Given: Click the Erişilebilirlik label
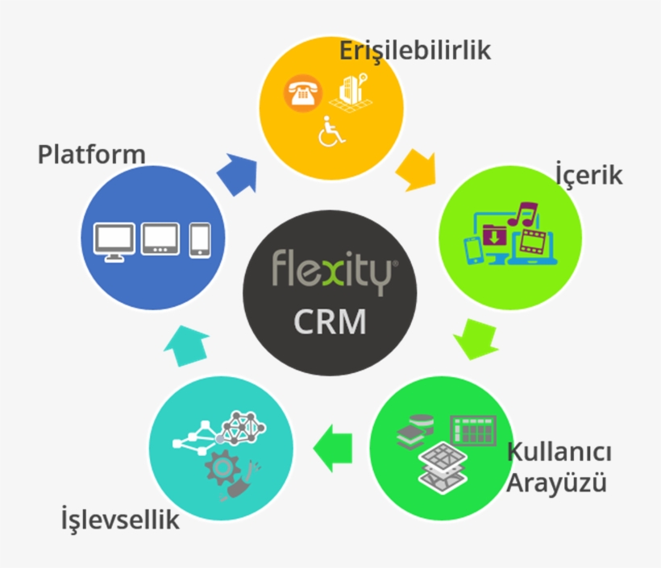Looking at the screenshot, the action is [x=415, y=52].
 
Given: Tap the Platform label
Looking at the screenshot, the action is [x=91, y=154].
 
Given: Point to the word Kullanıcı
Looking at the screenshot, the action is [x=559, y=452].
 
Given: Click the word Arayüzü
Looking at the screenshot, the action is [x=556, y=482].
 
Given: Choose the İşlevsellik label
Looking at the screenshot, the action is [x=120, y=519].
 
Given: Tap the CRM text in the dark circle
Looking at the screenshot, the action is [x=330, y=321].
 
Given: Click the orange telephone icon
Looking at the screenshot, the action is [x=303, y=93].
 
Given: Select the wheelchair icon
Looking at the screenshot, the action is [x=331, y=131].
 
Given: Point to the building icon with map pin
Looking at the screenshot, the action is [x=351, y=93].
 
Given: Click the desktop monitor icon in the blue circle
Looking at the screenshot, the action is [x=114, y=242].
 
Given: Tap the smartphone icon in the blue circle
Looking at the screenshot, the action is [x=200, y=240].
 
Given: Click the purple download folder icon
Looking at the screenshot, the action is [x=494, y=234].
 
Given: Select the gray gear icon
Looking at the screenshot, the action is [x=222, y=466].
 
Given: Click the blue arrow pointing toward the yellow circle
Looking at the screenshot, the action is [x=238, y=174].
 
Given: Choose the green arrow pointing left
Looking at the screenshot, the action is [x=333, y=448].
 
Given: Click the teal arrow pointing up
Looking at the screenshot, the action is [x=186, y=346].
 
